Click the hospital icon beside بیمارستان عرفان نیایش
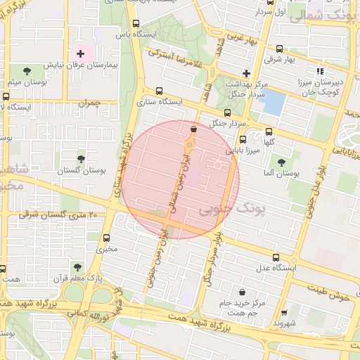click(x=80, y=53)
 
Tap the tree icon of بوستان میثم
click(x=27, y=71)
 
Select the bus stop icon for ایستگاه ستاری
click(x=158, y=91)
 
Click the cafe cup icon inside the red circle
click(x=193, y=129)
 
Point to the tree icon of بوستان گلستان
click(x=81, y=159)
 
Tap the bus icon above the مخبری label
click(x=106, y=238)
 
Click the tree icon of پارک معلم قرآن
click(x=77, y=267)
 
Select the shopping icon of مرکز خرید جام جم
click(x=243, y=292)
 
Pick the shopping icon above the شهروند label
click(x=284, y=313)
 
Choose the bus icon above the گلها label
click(x=269, y=131)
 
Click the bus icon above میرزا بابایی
click(x=243, y=139)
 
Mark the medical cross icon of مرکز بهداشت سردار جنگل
click(x=245, y=73)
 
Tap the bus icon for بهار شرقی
click(x=281, y=49)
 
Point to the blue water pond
click(x=272, y=103)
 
